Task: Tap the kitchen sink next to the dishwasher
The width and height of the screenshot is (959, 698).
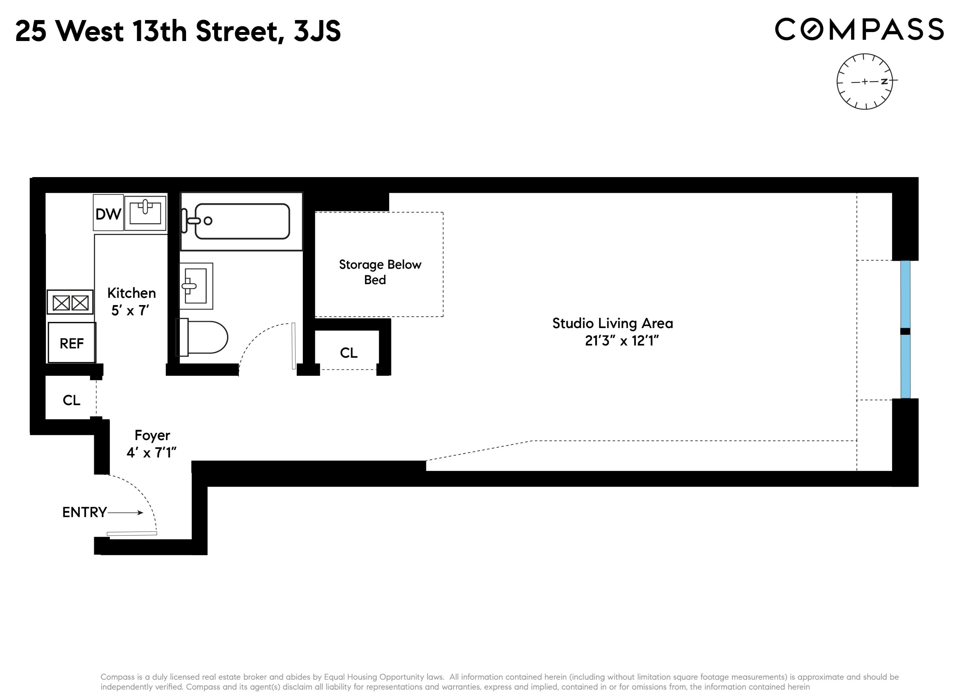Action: [x=145, y=213]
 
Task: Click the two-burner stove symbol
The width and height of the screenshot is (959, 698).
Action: [x=70, y=302]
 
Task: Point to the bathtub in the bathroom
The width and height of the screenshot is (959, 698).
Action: [x=242, y=221]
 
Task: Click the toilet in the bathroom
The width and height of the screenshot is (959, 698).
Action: [x=203, y=337]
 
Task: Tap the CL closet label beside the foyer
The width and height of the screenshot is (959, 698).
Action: [x=71, y=400]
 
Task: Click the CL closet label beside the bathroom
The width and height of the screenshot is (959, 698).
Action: [x=348, y=353]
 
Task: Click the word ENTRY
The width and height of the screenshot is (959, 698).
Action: [x=84, y=513]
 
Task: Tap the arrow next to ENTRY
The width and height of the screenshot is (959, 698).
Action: [x=126, y=513]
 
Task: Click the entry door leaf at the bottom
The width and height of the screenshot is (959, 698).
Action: [x=131, y=534]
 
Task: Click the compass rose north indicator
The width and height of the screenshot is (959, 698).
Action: [x=884, y=81]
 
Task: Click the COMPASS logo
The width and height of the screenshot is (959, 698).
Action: [x=859, y=29]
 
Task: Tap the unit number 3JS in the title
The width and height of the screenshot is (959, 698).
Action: [x=317, y=31]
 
